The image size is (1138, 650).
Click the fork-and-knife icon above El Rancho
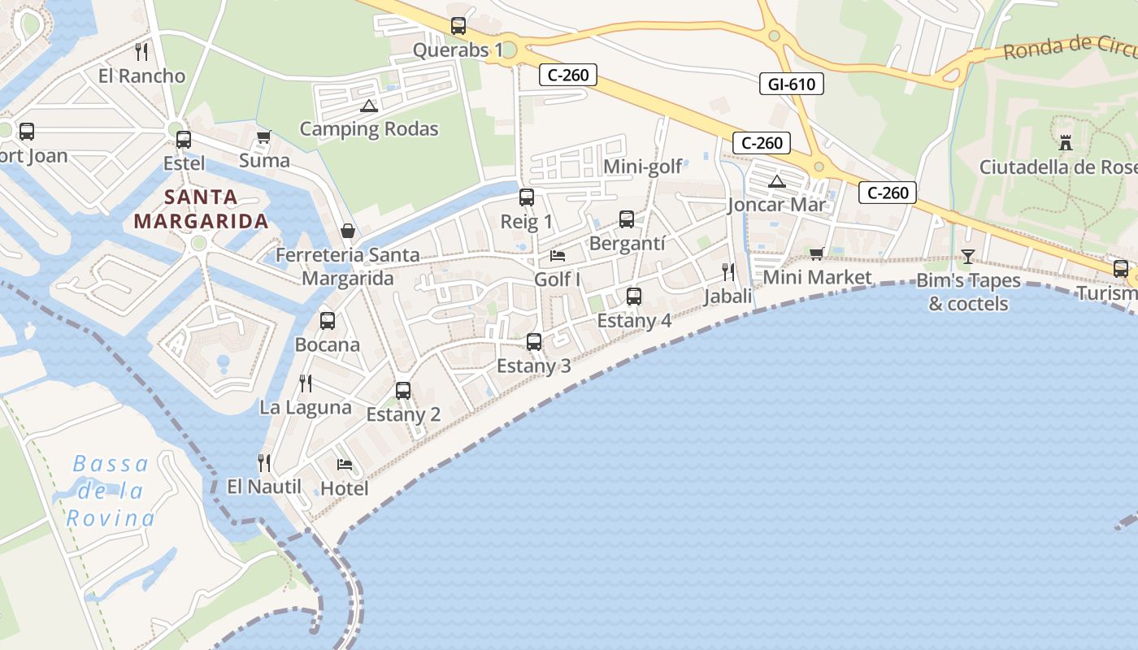coord(141,52)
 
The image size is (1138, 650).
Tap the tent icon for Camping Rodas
coord(369,106)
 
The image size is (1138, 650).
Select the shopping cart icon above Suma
coord(263,137)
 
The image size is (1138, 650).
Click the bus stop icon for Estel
coord(184,140)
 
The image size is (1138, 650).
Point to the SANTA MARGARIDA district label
coord(201,209)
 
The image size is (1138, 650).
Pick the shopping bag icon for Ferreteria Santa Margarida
coord(348,232)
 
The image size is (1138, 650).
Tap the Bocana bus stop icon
coord(328,321)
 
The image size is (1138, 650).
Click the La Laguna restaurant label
coord(306,407)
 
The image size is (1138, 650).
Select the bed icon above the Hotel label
coord(345,465)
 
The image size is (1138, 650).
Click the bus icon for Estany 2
coord(403,391)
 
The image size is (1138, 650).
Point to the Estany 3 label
coord(534,366)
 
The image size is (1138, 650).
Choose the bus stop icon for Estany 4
coord(634,297)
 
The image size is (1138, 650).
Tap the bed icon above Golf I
coord(558,256)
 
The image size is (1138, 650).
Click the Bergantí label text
coord(628,243)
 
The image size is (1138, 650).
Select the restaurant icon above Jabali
coord(728,272)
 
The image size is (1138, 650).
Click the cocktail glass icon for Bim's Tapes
coord(968,257)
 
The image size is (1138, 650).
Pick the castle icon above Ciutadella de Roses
coord(1066,143)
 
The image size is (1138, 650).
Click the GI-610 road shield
coord(792,84)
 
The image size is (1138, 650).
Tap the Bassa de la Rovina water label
coord(111,491)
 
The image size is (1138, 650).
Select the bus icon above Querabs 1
coord(458,26)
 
